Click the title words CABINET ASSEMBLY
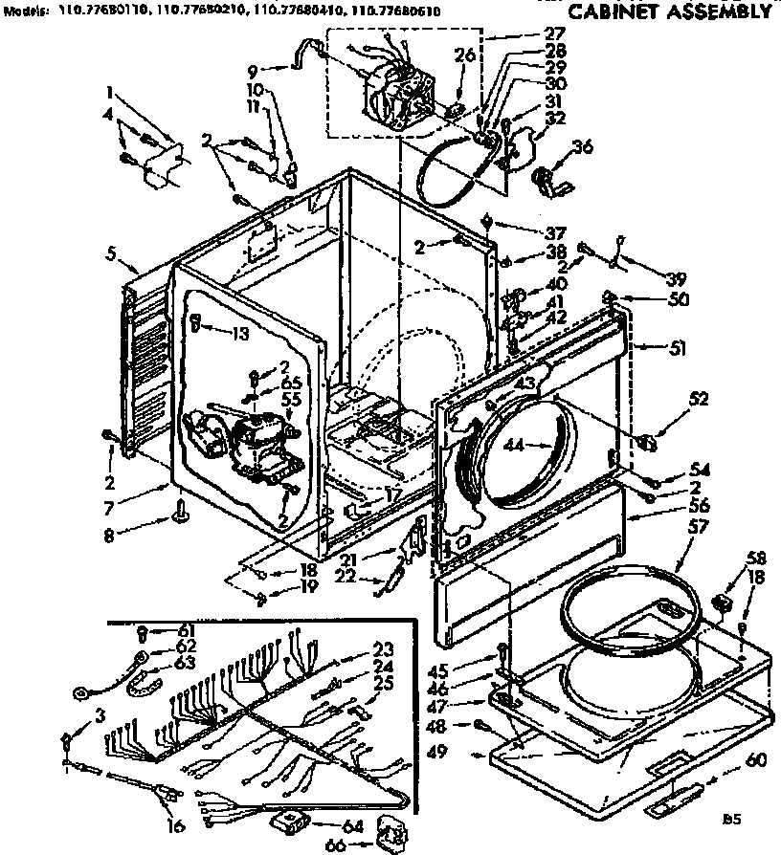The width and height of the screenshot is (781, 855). coord(669,13)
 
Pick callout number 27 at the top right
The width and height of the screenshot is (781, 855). coord(554,33)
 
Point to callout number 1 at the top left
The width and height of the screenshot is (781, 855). coord(112,95)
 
